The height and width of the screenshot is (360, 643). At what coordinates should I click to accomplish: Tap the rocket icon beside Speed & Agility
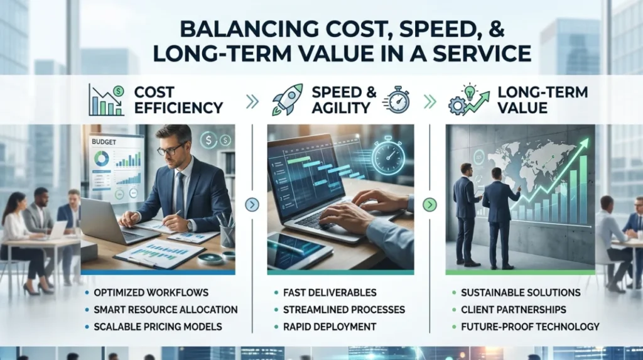287,99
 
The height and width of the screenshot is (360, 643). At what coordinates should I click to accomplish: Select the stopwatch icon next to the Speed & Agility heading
397,100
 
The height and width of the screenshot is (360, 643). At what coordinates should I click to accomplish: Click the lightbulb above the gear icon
470,91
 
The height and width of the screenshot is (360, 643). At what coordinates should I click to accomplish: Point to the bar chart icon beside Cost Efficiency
106,100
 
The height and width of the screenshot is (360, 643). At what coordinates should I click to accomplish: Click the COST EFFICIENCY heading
178,100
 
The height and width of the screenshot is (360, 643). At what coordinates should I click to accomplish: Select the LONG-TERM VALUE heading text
543,100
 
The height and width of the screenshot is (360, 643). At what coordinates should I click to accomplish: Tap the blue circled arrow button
252,204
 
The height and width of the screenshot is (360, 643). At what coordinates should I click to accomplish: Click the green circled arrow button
430,204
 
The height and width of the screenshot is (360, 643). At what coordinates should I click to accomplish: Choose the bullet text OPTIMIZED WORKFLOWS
151,293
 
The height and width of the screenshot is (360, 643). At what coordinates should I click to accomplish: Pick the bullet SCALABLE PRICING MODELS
158,327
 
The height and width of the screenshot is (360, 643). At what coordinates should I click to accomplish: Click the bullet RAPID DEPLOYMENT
330,327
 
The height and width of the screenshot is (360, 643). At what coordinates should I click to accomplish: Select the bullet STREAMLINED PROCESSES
344,310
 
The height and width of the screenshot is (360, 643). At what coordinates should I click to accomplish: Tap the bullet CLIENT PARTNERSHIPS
514,310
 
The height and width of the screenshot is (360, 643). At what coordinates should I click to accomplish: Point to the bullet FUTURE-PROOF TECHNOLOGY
530,327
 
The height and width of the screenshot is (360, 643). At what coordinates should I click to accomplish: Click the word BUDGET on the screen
104,142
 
